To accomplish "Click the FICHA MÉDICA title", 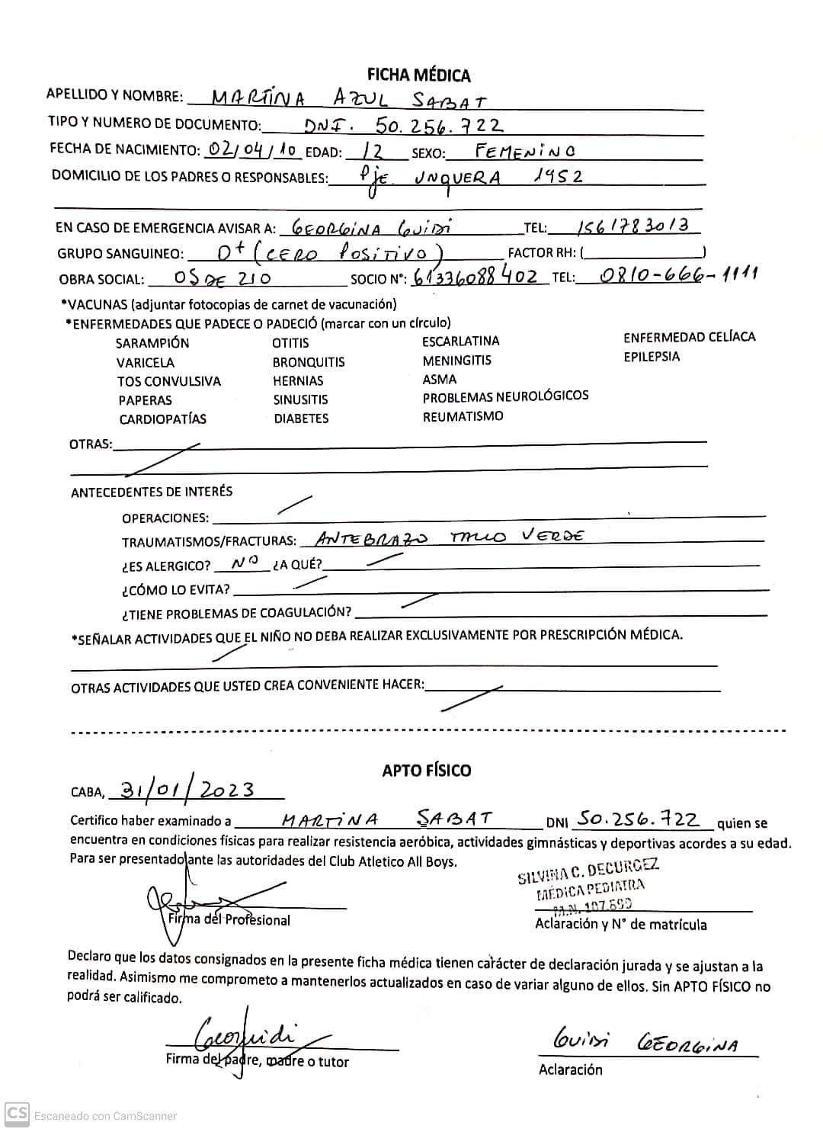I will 418,75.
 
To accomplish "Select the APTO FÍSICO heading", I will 427,770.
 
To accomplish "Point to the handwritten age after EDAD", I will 374,150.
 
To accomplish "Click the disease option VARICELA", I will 145,363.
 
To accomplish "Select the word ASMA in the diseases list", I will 440,380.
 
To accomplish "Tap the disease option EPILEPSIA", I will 652,357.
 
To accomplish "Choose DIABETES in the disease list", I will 301,418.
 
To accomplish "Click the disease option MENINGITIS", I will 456,361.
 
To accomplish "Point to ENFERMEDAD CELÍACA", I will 689,337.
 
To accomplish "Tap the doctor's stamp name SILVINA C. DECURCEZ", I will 588,870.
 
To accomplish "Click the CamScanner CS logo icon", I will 17,1114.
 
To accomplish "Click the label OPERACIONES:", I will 165,518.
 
